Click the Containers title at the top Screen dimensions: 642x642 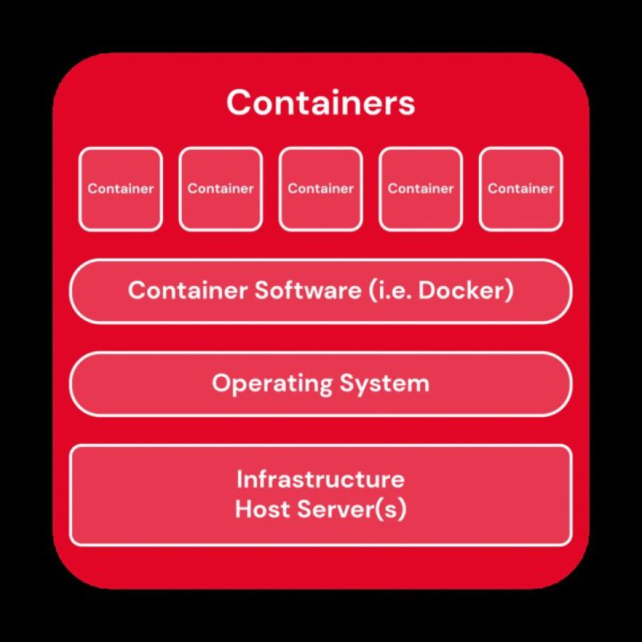[x=320, y=102]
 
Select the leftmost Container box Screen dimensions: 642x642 [x=121, y=189]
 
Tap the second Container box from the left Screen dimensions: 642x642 [x=221, y=189]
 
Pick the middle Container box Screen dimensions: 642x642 [x=320, y=189]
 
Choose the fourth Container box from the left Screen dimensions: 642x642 [x=421, y=189]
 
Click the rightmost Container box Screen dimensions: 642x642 [x=521, y=189]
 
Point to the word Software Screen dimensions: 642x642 [x=308, y=290]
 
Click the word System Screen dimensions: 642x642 [x=385, y=384]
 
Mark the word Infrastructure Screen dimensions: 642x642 [x=320, y=479]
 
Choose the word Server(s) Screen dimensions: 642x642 [x=352, y=510]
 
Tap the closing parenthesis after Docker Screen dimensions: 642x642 [x=509, y=291]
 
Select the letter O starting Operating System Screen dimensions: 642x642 [x=221, y=383]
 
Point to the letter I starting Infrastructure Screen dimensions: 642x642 [x=239, y=479]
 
